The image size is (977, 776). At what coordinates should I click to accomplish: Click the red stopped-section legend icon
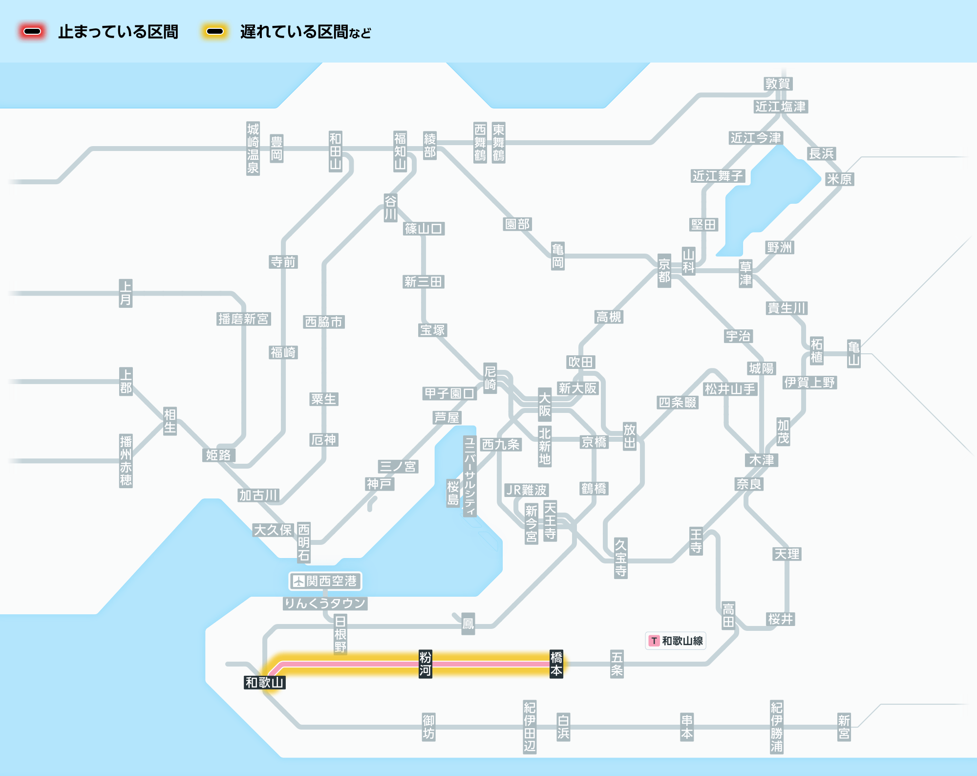(32, 32)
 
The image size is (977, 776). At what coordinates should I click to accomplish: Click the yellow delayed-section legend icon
(215, 32)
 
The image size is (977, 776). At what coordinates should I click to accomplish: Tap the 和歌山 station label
(264, 682)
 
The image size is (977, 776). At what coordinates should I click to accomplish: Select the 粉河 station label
(425, 664)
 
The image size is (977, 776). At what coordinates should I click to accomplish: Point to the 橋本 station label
(556, 664)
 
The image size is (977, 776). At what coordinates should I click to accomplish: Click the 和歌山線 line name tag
(676, 641)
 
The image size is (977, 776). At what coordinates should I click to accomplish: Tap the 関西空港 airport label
(325, 581)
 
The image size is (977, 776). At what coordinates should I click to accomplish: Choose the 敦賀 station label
(778, 84)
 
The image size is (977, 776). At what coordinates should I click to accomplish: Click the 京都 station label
(664, 270)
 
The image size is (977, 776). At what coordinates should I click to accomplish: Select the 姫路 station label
(218, 455)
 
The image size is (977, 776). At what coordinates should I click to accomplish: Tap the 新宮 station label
(844, 727)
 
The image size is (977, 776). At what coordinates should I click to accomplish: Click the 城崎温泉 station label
(253, 149)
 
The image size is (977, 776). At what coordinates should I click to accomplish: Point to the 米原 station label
(839, 179)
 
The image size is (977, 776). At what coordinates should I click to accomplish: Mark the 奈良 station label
(749, 484)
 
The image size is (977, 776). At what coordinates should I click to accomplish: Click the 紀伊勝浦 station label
(776, 727)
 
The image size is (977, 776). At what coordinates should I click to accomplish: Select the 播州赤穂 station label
(126, 461)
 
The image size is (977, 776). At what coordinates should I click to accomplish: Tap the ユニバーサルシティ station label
(469, 476)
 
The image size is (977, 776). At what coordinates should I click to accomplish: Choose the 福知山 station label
(400, 151)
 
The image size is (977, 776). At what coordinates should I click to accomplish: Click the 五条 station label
(616, 664)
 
